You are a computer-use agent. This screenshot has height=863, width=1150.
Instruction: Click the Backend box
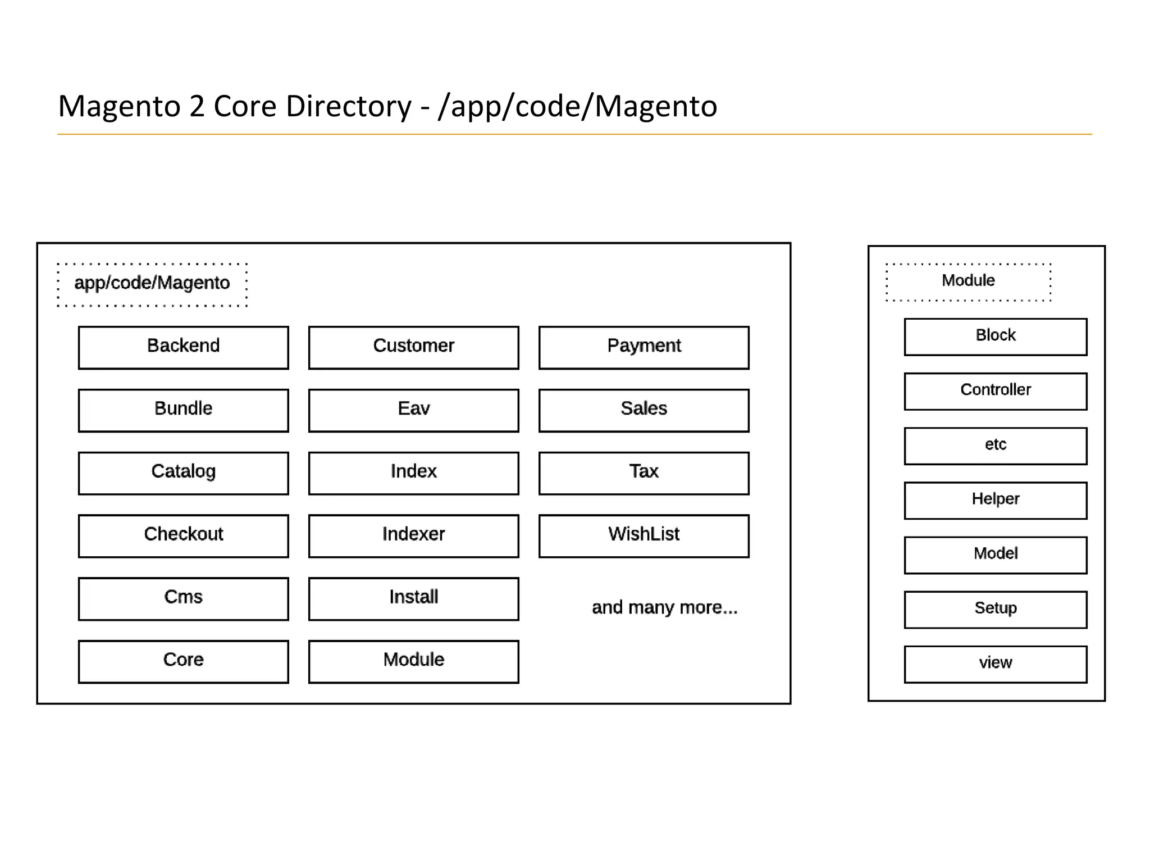pyautogui.click(x=184, y=347)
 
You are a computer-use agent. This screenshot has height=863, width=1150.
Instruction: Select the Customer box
pyautogui.click(x=414, y=347)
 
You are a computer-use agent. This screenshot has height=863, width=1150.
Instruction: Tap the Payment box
pyautogui.click(x=644, y=347)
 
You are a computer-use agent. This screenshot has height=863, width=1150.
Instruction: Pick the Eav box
pyautogui.click(x=414, y=410)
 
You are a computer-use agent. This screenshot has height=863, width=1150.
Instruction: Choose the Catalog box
pyautogui.click(x=184, y=473)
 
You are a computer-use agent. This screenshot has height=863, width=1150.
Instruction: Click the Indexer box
pyautogui.click(x=414, y=536)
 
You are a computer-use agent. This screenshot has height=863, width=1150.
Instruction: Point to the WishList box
pyautogui.click(x=644, y=536)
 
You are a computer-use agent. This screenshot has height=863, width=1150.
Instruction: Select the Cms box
pyautogui.click(x=184, y=598)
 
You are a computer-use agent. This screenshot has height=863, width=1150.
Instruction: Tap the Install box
pyautogui.click(x=414, y=598)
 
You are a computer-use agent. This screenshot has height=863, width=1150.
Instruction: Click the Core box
pyautogui.click(x=184, y=661)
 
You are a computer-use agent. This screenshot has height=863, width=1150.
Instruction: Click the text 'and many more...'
pyautogui.click(x=664, y=607)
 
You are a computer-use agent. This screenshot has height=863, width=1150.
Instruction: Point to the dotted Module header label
pyautogui.click(x=968, y=281)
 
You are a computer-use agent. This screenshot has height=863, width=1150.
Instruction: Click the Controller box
pyautogui.click(x=996, y=391)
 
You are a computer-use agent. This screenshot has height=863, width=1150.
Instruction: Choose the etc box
pyautogui.click(x=996, y=446)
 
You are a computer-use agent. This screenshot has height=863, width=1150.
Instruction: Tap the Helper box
pyautogui.click(x=996, y=500)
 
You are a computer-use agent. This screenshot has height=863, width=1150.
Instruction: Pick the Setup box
pyautogui.click(x=996, y=609)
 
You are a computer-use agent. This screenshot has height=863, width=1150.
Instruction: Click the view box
pyautogui.click(x=996, y=664)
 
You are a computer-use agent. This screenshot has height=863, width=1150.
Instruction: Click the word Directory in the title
pyautogui.click(x=348, y=106)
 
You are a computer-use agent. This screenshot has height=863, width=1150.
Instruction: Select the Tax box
pyautogui.click(x=644, y=473)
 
